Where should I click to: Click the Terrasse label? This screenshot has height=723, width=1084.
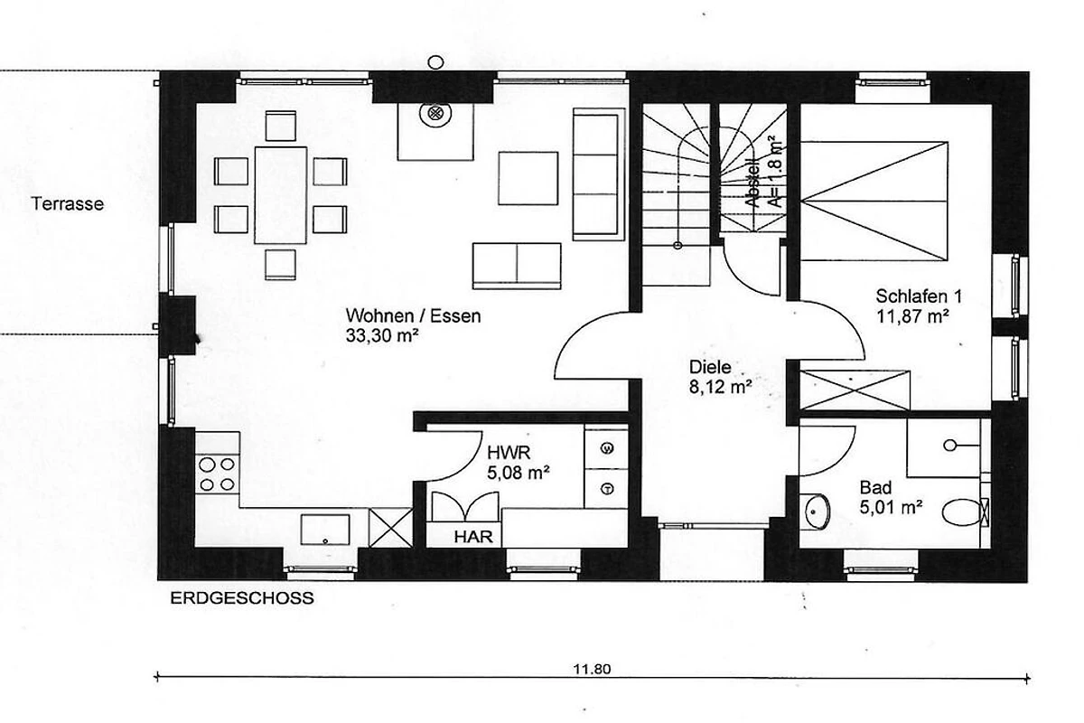68,204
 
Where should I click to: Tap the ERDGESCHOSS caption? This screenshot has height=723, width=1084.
242,598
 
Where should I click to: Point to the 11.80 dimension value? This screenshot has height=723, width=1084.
592,669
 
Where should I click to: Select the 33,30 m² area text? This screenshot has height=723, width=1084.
382,335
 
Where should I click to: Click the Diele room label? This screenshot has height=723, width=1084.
710,367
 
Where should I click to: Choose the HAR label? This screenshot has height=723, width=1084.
473,537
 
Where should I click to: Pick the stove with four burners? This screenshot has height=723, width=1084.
218,474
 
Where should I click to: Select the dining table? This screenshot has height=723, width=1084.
281,195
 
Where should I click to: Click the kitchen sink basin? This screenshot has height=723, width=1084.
325,530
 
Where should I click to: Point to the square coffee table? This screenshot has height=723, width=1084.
528,178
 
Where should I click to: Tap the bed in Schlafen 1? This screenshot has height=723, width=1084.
874,201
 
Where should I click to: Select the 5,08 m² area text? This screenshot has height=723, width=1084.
519,473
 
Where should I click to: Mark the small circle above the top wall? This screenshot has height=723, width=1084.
436,62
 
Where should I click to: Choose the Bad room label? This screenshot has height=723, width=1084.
875,487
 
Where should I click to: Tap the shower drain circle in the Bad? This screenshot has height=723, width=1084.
950,445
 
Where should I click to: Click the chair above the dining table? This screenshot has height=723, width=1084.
281,126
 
